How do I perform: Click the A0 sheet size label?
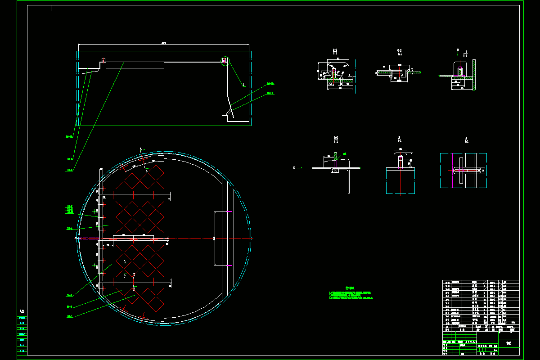click(x=21, y=311)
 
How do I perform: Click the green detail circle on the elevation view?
click(x=225, y=61)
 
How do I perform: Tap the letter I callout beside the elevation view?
click(x=243, y=84)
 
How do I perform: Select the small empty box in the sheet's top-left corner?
click(x=39, y=8)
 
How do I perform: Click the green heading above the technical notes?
click(x=350, y=288)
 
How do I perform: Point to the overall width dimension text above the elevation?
click(x=164, y=43)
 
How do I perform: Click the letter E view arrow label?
click(x=294, y=167)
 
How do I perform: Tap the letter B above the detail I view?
click(x=458, y=49)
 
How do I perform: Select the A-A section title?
click(x=335, y=51)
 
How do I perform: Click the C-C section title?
click(x=399, y=51)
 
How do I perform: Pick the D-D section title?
click(x=336, y=139)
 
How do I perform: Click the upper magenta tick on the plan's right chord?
click(x=230, y=211)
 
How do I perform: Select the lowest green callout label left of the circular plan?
click(x=70, y=316)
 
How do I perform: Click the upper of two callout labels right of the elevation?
click(x=270, y=84)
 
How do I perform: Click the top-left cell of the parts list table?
click(x=448, y=283)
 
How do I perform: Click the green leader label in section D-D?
click(x=344, y=153)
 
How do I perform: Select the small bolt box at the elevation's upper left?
click(x=103, y=60)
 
